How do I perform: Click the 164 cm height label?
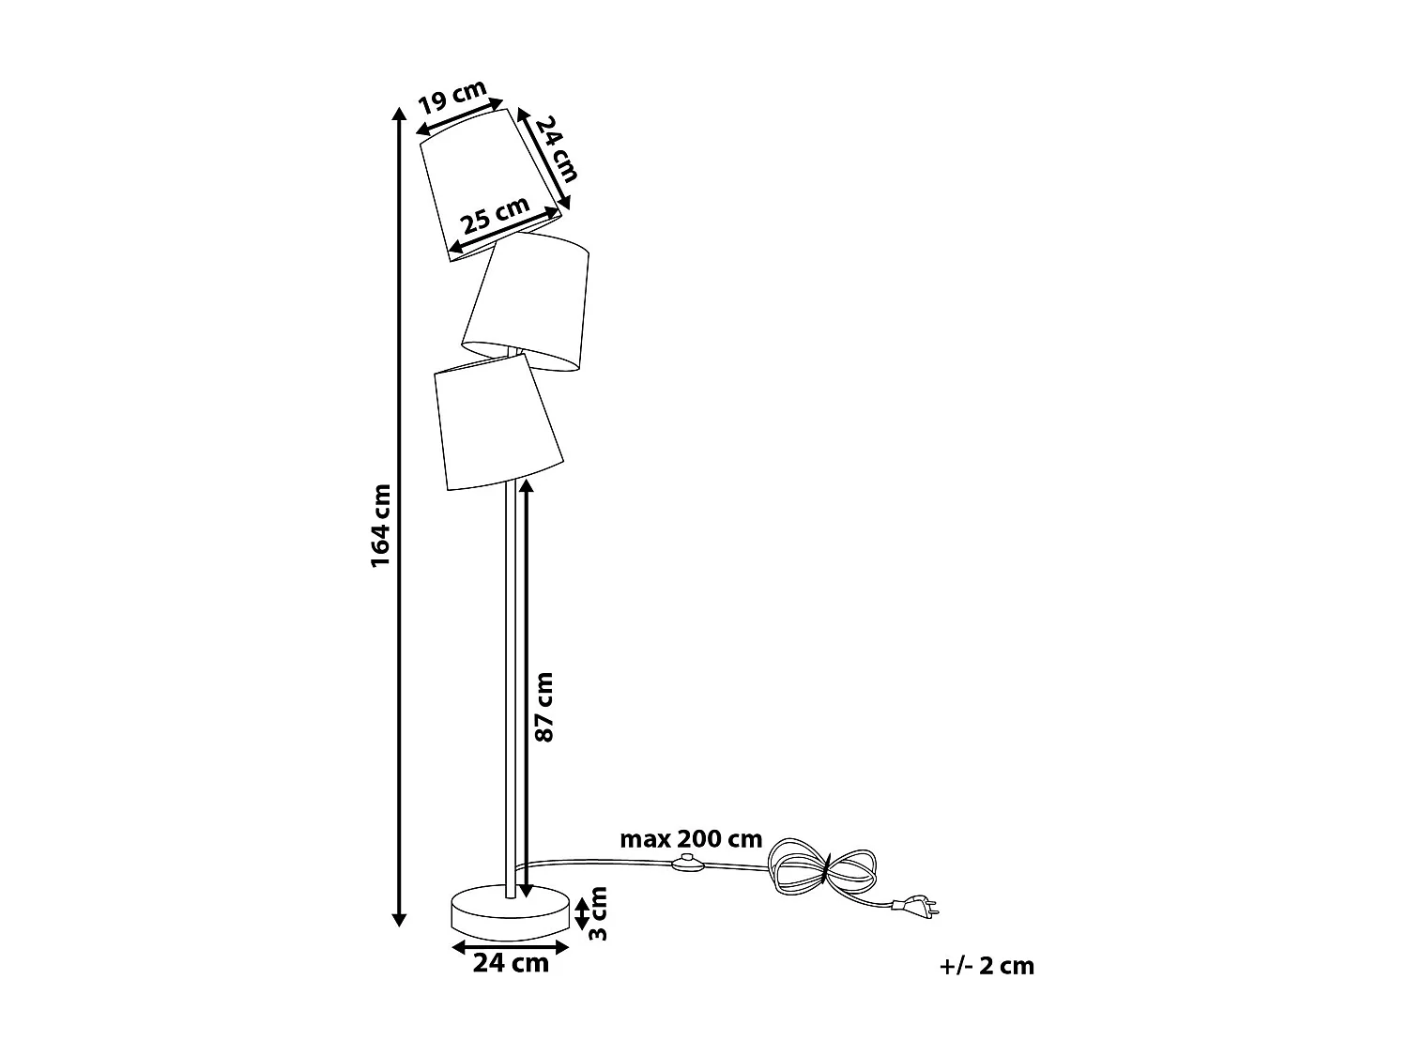(x=380, y=526)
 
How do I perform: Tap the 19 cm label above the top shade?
(x=452, y=97)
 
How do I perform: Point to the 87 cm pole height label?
(x=543, y=707)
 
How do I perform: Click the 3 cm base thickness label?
(x=599, y=912)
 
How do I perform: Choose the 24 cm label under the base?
(x=511, y=963)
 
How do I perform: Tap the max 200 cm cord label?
(x=691, y=839)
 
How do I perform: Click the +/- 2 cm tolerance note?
(x=987, y=966)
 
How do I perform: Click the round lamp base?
(x=511, y=911)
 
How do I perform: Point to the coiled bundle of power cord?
(x=821, y=868)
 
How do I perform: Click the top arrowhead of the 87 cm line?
(x=525, y=485)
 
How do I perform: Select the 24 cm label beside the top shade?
(x=555, y=148)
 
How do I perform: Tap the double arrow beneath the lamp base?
(x=511, y=946)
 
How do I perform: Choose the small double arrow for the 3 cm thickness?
(x=582, y=912)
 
